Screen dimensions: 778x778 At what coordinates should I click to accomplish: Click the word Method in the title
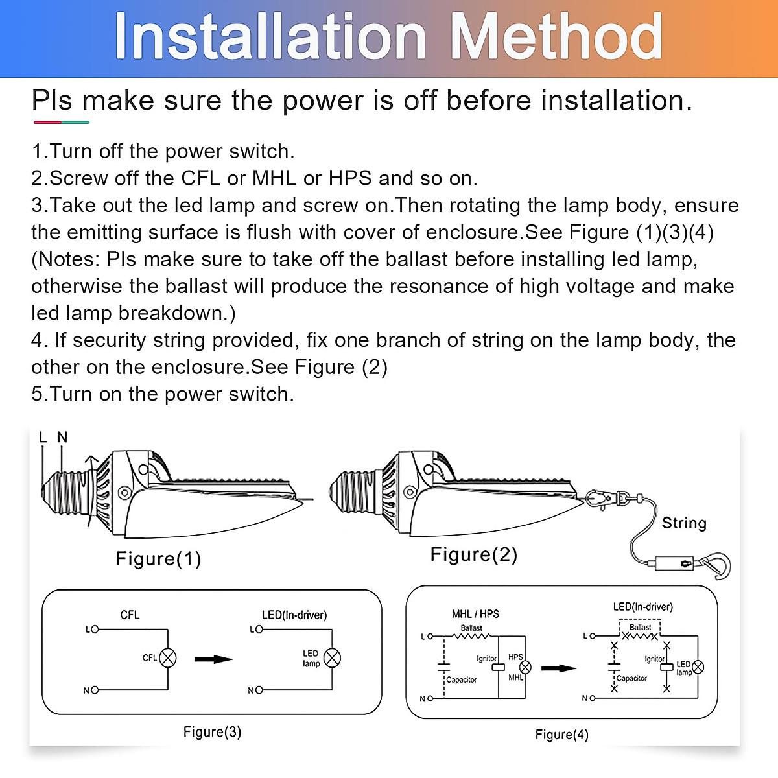tap(556, 37)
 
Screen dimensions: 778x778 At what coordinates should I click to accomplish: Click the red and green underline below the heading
tap(61, 122)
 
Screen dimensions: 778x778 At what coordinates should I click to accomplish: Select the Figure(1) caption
tap(158, 558)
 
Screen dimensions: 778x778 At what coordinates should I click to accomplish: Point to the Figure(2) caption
tap(474, 554)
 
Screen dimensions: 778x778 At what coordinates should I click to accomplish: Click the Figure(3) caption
tap(212, 732)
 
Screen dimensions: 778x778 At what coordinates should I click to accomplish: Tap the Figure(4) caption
tap(561, 735)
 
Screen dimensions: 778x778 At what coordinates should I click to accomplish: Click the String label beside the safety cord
tap(684, 523)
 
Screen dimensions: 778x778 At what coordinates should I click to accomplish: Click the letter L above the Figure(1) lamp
tap(43, 438)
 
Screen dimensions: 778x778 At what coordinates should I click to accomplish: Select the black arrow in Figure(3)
tap(213, 659)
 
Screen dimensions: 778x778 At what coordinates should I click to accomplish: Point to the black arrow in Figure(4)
tap(558, 668)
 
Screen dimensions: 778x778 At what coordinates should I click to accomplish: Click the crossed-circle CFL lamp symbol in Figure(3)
tap(168, 658)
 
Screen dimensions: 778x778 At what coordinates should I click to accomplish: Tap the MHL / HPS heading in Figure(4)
tap(475, 614)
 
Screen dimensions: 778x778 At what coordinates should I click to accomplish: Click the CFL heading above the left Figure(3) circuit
tap(130, 615)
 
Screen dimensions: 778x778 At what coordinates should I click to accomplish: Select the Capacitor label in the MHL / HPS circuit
tap(462, 680)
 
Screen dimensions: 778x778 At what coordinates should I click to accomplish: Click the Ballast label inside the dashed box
tap(640, 627)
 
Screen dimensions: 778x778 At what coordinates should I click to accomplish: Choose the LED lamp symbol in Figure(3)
tap(332, 658)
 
